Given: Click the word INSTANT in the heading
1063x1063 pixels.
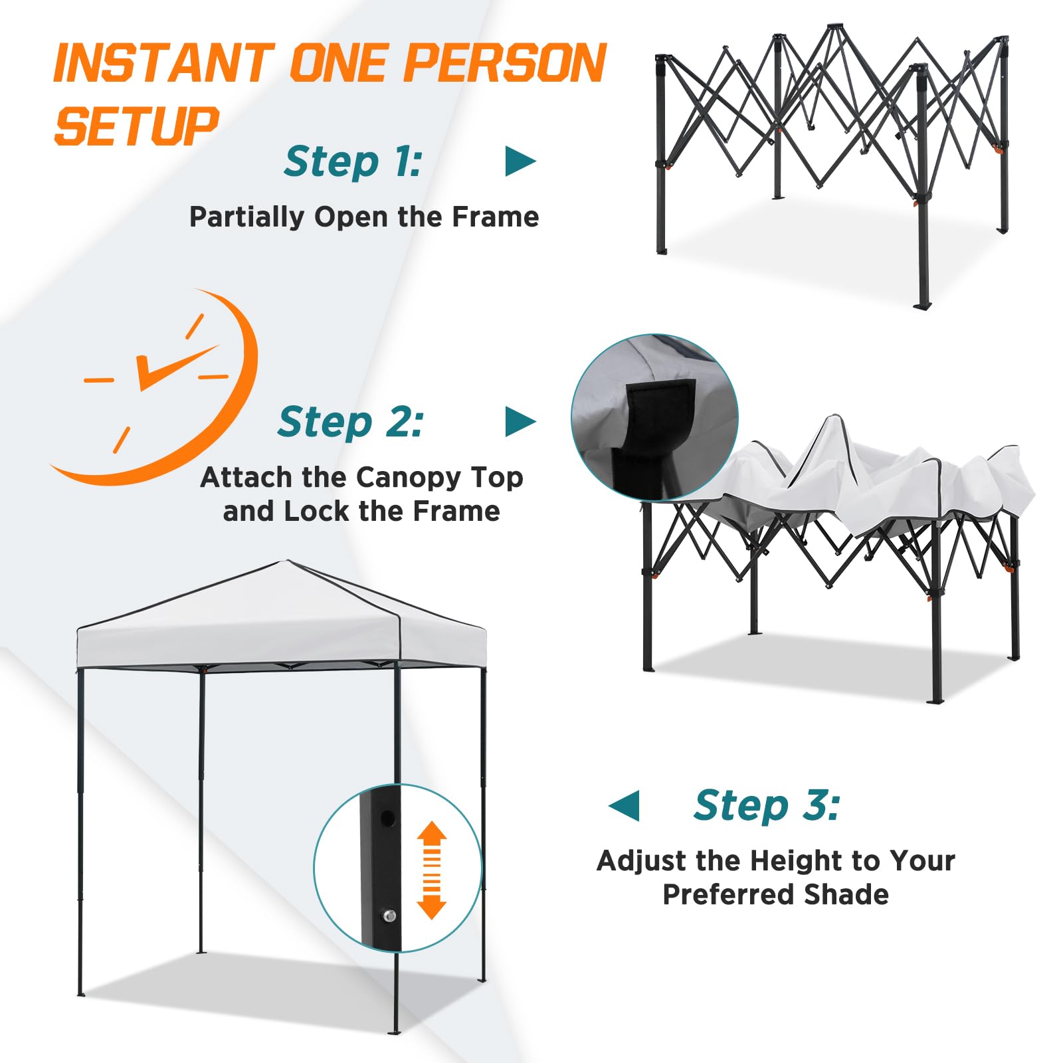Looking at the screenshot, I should pyautogui.click(x=163, y=63).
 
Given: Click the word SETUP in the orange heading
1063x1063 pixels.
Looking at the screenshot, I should pyautogui.click(x=136, y=126).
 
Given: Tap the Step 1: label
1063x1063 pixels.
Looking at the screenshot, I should pyautogui.click(x=353, y=161).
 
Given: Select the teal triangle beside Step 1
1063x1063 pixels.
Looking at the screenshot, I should pyautogui.click(x=519, y=161).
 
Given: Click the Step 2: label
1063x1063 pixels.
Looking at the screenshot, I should pyautogui.click(x=350, y=422).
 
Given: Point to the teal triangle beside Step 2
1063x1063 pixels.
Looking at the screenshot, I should pyautogui.click(x=519, y=422).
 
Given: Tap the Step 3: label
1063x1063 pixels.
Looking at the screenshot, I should pyautogui.click(x=767, y=805).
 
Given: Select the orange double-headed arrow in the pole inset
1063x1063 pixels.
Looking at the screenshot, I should pyautogui.click(x=431, y=870).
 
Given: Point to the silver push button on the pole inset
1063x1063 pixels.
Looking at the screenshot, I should pyautogui.click(x=389, y=916).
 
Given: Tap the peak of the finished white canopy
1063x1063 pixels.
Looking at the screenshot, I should pyautogui.click(x=287, y=562).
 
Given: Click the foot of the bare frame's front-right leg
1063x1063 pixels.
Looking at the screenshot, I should pyautogui.click(x=921, y=306).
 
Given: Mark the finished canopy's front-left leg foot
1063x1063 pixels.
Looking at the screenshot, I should pyautogui.click(x=81, y=993).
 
